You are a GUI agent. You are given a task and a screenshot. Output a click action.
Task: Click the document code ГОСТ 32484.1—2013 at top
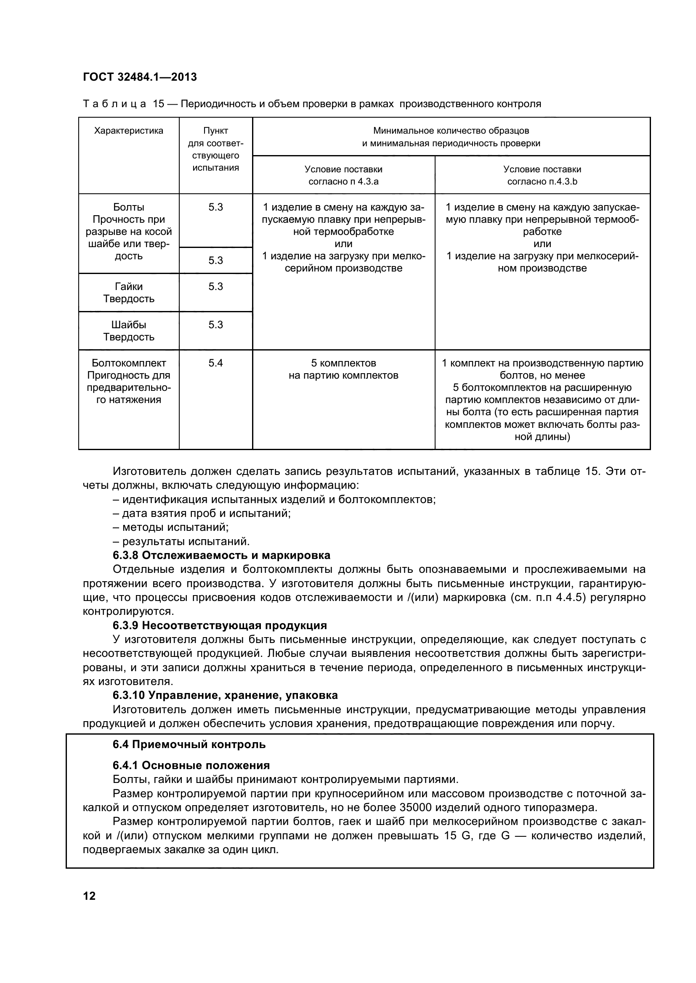pos(140,77)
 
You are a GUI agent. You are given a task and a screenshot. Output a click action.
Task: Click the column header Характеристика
pos(129,131)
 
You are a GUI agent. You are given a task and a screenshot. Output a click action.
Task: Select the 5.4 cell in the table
pos(215,363)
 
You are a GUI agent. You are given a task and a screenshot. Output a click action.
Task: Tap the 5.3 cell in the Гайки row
pos(215,287)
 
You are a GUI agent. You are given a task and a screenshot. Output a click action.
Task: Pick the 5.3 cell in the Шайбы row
pos(215,324)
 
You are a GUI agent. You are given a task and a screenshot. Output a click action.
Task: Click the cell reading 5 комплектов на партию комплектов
pos(343,369)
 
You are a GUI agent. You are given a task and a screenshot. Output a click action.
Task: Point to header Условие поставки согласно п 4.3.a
pos(343,175)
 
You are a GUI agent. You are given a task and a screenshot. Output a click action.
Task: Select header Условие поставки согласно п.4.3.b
pos(542,175)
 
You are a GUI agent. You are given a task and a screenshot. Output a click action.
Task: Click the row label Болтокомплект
pos(129,363)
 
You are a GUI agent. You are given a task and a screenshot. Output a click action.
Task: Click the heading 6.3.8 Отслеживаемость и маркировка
pos(221,555)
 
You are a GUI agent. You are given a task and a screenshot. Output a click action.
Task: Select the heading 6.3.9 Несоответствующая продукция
pos(219,625)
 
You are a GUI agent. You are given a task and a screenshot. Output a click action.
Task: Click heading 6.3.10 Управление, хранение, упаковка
pos(225,695)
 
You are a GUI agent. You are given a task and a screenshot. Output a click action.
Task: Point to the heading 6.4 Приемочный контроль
pos(189,745)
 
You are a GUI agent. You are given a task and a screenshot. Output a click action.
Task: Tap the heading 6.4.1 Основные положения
pos(191,765)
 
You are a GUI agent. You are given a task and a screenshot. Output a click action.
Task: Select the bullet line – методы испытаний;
pos(170,527)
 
